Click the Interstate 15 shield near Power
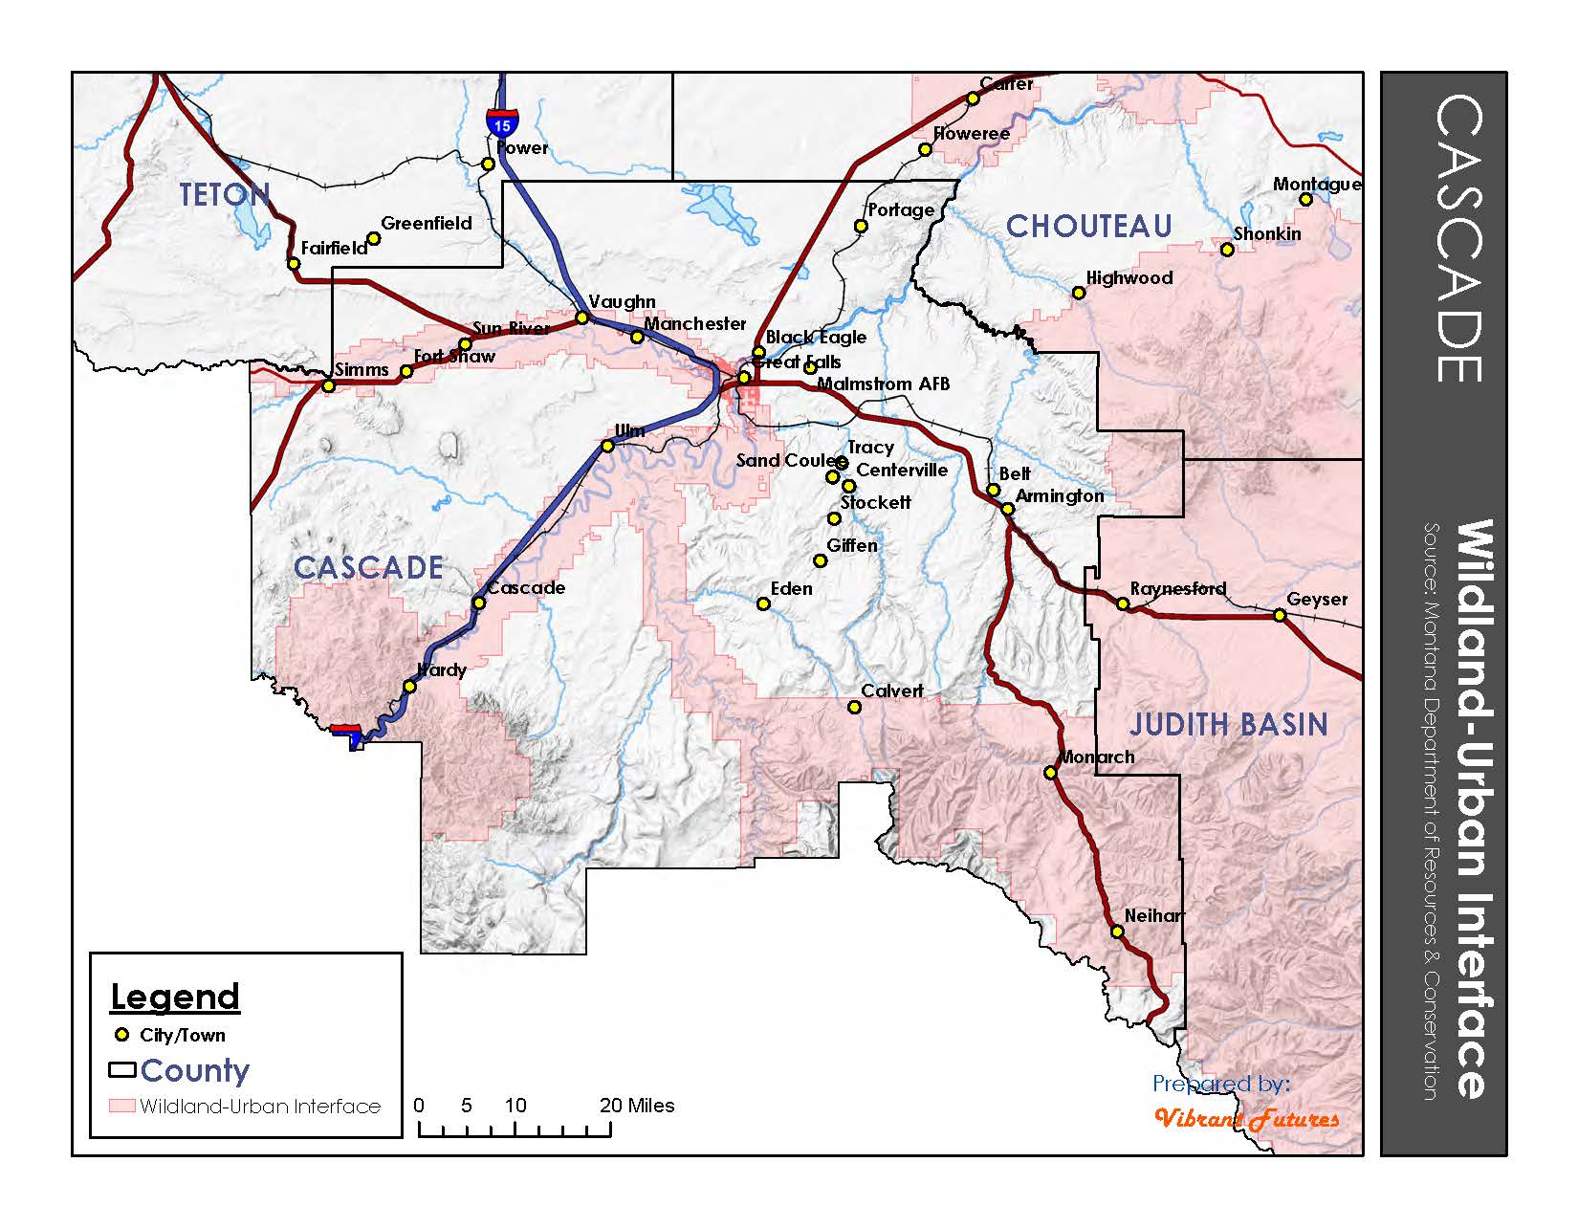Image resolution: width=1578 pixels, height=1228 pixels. (502, 121)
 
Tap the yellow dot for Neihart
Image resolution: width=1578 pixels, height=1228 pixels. (1117, 932)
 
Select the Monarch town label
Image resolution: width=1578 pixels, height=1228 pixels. (1097, 757)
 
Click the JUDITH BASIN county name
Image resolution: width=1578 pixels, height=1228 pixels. (1229, 724)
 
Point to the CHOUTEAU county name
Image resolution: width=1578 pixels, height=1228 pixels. (1089, 227)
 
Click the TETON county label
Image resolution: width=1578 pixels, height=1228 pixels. (226, 195)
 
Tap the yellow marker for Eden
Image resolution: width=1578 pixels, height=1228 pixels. (763, 603)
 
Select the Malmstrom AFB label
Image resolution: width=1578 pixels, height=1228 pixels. (883, 384)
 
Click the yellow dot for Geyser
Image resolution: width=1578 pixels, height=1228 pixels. (1280, 615)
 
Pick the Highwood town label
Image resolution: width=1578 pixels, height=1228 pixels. (1129, 277)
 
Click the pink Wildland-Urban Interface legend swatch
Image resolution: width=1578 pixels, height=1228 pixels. (121, 1106)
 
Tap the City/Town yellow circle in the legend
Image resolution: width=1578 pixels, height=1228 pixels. (121, 1035)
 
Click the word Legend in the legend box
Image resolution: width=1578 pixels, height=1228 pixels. (175, 997)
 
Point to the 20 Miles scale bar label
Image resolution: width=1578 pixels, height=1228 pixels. (637, 1106)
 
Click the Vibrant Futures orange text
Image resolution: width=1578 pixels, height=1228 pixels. (1246, 1118)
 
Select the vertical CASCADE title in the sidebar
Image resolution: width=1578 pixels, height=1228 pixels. (1459, 237)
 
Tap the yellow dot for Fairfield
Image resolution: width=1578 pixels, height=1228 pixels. (294, 263)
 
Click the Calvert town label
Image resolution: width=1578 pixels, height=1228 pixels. (891, 691)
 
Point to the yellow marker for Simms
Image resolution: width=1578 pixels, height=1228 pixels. (328, 385)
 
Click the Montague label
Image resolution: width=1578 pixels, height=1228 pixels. (1316, 184)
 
